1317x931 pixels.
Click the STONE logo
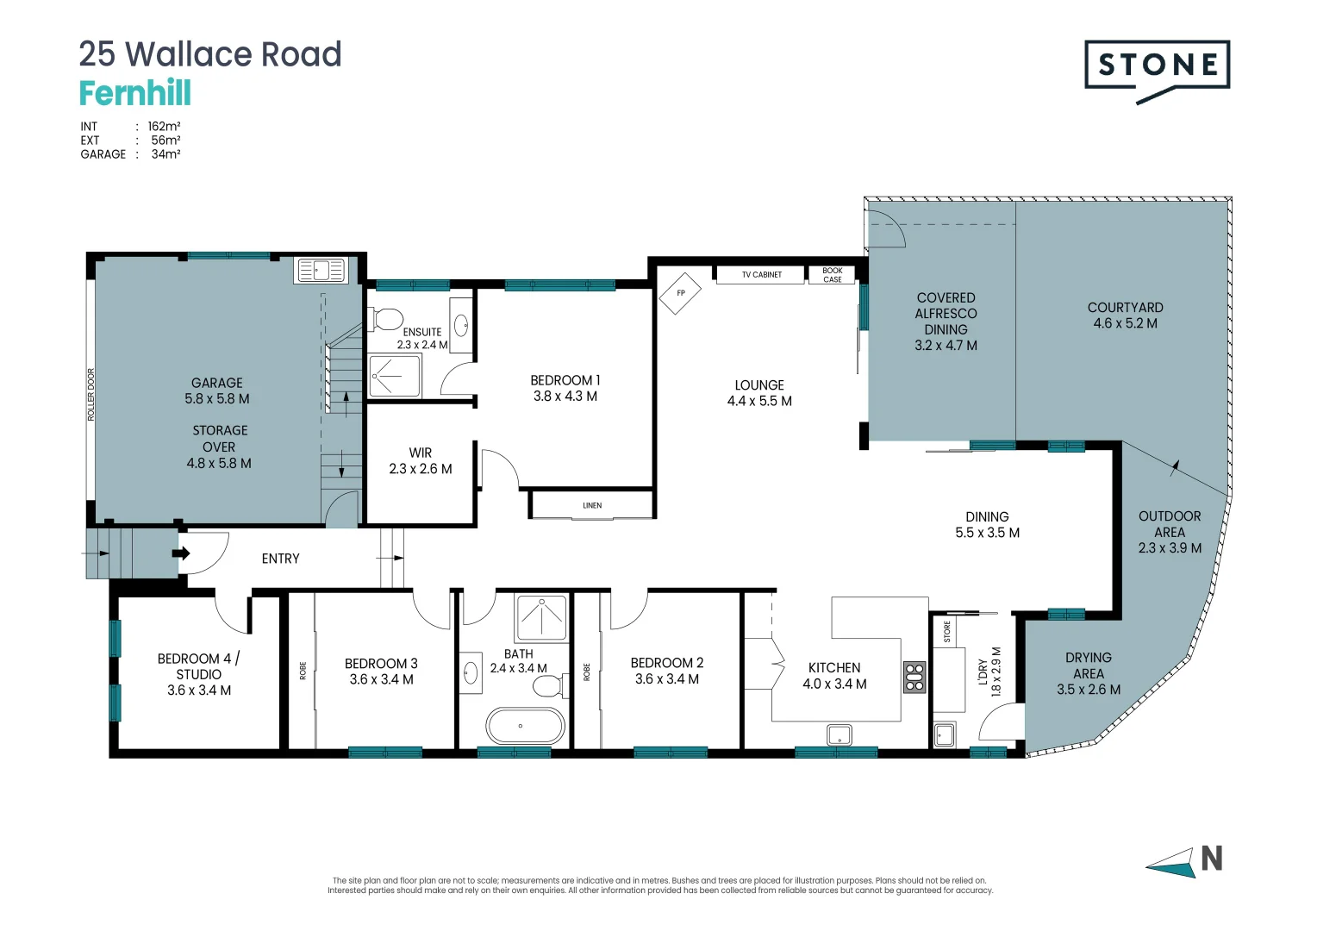(1157, 71)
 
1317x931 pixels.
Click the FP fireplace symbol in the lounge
(680, 293)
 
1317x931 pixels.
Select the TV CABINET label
(761, 275)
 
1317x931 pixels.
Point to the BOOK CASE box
(832, 275)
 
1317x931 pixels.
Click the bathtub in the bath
(525, 726)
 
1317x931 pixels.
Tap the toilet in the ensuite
(385, 319)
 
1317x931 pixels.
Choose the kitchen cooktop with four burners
(914, 677)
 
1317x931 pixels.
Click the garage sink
(321, 271)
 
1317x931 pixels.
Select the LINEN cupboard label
(592, 505)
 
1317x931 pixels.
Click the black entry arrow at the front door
(181, 553)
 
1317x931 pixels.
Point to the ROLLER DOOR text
(91, 395)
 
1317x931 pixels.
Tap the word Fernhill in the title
(135, 92)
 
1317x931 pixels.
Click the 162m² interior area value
(164, 127)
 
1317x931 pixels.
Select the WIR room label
(421, 453)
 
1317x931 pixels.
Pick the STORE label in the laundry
(946, 631)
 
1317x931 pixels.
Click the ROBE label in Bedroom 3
(303, 671)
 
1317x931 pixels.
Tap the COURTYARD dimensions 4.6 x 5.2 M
(1126, 323)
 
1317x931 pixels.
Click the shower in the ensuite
(395, 376)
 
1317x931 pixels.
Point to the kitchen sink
(839, 734)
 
